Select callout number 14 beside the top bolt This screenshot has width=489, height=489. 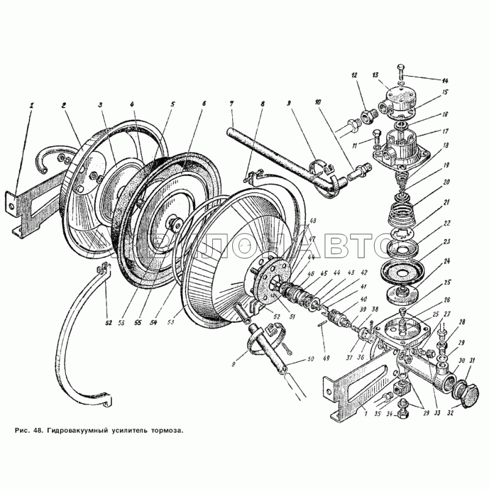tap(445, 80)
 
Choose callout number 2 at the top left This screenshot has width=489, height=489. tap(63, 104)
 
